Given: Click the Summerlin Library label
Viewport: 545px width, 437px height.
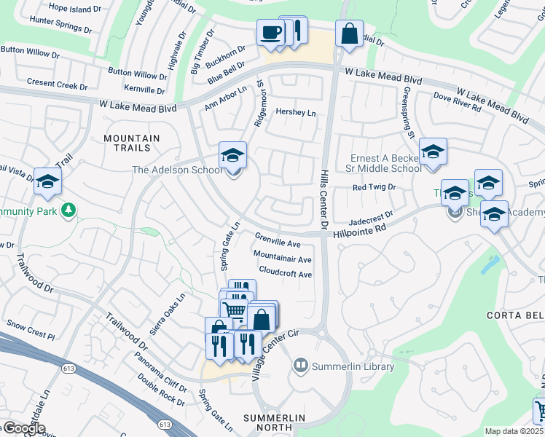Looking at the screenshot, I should click(353, 366).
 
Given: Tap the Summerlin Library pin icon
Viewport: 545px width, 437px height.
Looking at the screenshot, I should click(300, 365).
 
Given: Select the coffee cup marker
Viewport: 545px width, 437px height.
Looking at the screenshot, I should click(271, 34).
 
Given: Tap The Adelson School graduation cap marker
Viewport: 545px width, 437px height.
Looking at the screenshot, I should click(233, 155).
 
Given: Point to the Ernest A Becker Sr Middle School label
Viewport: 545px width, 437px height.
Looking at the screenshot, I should click(385, 163).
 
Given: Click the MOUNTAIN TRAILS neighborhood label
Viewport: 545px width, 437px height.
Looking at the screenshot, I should click(132, 143).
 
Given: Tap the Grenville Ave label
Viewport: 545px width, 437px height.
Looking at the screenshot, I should click(278, 240).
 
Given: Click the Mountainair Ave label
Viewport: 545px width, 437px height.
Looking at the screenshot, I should click(282, 257).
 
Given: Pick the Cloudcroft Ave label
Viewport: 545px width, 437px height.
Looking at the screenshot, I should click(286, 274).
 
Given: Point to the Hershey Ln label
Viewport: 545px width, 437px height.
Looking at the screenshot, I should click(296, 113).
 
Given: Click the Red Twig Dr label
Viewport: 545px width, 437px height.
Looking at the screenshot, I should click(374, 187).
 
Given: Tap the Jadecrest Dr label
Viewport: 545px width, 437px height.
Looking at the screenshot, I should click(370, 217).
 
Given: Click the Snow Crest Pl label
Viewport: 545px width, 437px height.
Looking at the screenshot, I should click(30, 330).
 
